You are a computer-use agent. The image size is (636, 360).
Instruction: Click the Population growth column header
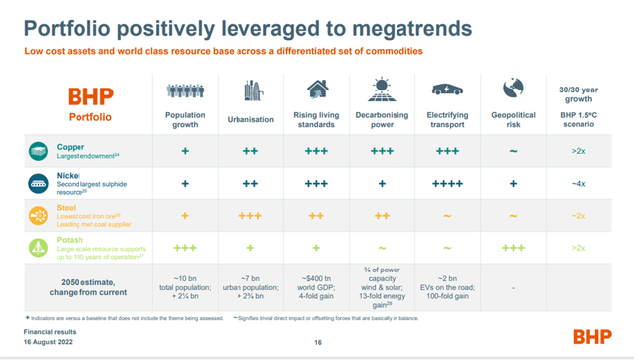tap(186, 119)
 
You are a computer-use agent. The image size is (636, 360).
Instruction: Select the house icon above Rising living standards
tap(316, 91)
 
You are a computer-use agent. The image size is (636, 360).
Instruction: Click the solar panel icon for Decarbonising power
tap(382, 91)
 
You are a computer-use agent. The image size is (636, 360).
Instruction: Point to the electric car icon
tap(446, 91)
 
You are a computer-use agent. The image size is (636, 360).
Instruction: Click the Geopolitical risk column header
tap(513, 119)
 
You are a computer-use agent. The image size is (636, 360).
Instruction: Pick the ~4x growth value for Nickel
tap(578, 184)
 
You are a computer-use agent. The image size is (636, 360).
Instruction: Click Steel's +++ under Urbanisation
tap(250, 215)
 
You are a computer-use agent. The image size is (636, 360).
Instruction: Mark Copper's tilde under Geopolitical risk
tap(513, 152)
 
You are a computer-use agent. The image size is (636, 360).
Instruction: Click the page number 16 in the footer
tap(318, 343)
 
